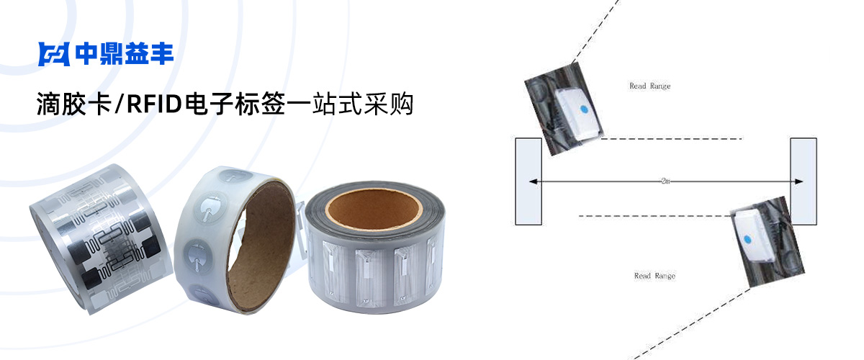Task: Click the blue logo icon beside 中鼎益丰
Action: click(x=54, y=54)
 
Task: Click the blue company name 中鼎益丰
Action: click(x=125, y=53)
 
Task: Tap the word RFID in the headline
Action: click(x=154, y=104)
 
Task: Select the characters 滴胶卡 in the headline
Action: click(x=74, y=104)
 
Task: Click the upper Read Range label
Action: click(x=650, y=86)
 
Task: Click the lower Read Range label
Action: click(x=655, y=276)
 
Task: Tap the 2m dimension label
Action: click(x=665, y=181)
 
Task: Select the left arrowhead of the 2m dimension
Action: click(x=533, y=181)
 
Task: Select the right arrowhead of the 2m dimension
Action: click(x=798, y=181)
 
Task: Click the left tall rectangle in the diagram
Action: click(x=528, y=181)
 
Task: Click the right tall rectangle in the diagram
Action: click(x=804, y=181)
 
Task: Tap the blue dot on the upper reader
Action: click(x=584, y=109)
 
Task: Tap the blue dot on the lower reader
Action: click(x=747, y=240)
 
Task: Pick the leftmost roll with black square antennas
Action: click(x=101, y=239)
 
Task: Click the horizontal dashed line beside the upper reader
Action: click(x=672, y=138)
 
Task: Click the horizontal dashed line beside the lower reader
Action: click(x=654, y=216)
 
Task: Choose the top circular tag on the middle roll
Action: click(x=235, y=176)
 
